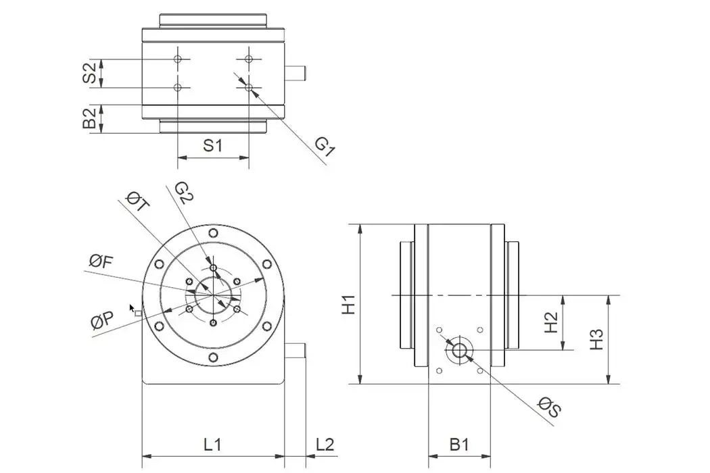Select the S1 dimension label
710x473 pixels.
tap(213, 145)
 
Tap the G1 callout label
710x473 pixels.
tap(325, 147)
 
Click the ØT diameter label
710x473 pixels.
tap(137, 202)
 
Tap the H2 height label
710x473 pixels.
tap(552, 322)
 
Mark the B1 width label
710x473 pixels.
tap(459, 444)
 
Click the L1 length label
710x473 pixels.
tap(213, 444)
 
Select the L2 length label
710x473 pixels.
tap(325, 444)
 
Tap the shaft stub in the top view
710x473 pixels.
tap(296, 73)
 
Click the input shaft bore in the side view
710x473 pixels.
tap(460, 350)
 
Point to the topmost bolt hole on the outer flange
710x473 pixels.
tap(213, 233)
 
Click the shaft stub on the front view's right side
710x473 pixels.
tap(296, 351)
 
